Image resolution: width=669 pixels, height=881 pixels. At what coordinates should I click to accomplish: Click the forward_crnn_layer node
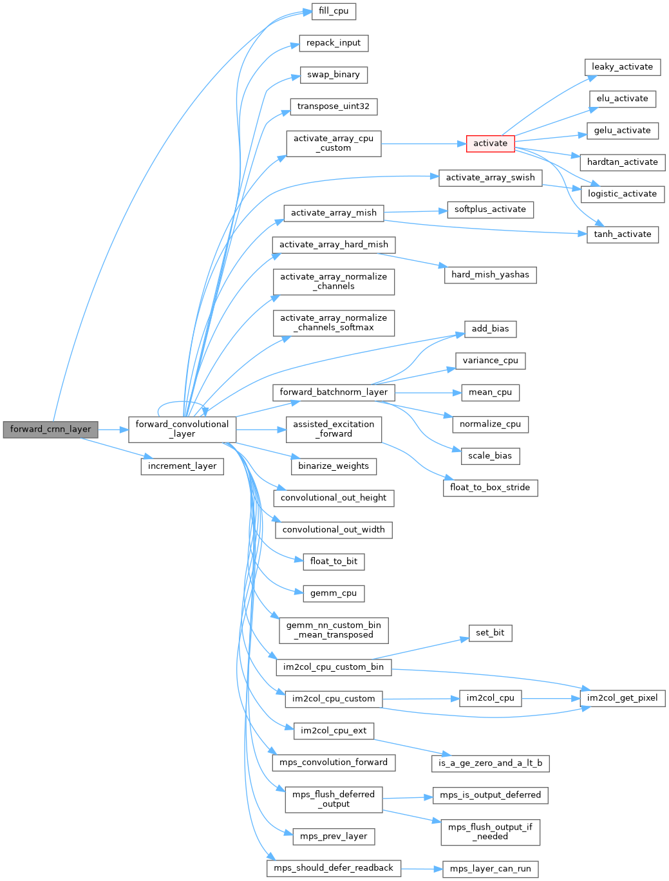point(50,430)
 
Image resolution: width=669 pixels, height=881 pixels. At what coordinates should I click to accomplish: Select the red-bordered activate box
point(490,144)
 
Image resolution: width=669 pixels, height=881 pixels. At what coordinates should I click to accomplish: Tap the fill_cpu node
point(334,11)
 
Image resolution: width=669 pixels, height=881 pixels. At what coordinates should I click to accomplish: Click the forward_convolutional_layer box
point(182,430)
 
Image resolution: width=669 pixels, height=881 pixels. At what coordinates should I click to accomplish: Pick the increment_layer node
point(182,466)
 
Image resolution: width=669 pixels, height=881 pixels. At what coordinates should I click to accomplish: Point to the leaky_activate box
point(622,67)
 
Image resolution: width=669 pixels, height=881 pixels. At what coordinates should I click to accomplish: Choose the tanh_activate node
point(622,234)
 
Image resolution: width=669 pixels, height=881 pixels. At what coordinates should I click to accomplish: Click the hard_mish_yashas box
point(490,275)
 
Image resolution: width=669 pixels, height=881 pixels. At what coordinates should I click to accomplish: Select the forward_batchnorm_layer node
point(334,392)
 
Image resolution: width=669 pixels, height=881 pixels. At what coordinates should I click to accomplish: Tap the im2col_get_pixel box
point(622,698)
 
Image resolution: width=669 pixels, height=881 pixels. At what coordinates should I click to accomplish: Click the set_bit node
point(490,633)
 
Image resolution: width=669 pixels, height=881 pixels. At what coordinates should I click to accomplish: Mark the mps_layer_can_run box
point(490,869)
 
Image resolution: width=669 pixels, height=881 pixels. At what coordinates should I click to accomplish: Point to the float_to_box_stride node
point(490,488)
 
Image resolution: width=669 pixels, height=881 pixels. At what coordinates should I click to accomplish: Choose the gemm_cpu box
point(334,593)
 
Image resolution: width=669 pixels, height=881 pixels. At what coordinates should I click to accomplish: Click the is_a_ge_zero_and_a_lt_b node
point(490,763)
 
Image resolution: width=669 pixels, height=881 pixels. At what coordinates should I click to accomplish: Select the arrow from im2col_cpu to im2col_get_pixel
point(551,698)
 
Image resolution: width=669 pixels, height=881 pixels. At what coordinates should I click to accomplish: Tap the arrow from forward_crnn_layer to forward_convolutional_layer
point(113,430)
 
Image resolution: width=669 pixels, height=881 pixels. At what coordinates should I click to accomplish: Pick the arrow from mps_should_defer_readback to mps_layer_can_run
point(422,869)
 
